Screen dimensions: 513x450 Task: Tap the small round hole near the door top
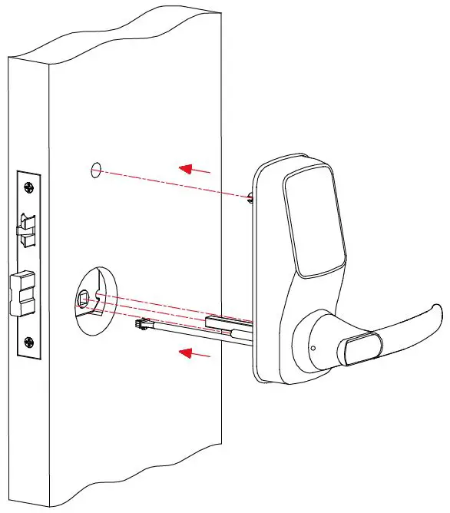pyautogui.click(x=94, y=170)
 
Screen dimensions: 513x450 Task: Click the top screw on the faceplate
pyautogui.click(x=29, y=187)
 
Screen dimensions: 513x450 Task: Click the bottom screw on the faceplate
pyautogui.click(x=29, y=343)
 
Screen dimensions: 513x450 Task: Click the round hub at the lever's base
pyautogui.click(x=315, y=342)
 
